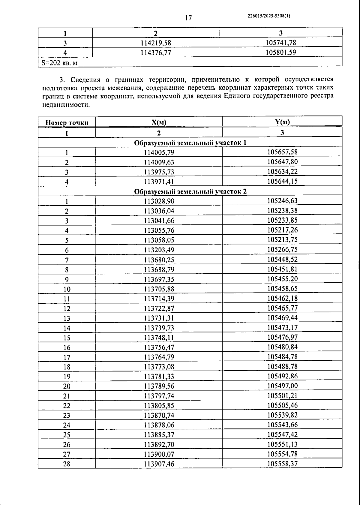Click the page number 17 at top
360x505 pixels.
click(x=188, y=18)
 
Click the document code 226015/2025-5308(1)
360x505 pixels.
click(x=269, y=17)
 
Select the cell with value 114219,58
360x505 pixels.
click(x=156, y=43)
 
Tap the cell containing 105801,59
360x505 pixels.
click(x=281, y=52)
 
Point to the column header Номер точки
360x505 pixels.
click(x=67, y=122)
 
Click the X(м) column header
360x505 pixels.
click(x=159, y=122)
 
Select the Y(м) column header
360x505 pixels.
click(x=282, y=122)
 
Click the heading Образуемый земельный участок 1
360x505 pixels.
click(x=190, y=143)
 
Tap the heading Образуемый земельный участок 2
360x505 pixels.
click(x=190, y=191)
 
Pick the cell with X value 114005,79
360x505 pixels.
click(x=159, y=152)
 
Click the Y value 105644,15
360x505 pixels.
click(x=282, y=181)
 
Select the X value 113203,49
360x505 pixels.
click(x=159, y=250)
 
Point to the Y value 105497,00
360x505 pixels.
click(x=282, y=386)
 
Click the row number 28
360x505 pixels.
click(x=67, y=464)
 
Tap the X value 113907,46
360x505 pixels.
click(x=159, y=464)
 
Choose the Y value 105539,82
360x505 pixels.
click(x=282, y=415)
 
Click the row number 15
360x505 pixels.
click(x=67, y=338)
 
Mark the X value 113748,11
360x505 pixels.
click(x=159, y=338)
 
